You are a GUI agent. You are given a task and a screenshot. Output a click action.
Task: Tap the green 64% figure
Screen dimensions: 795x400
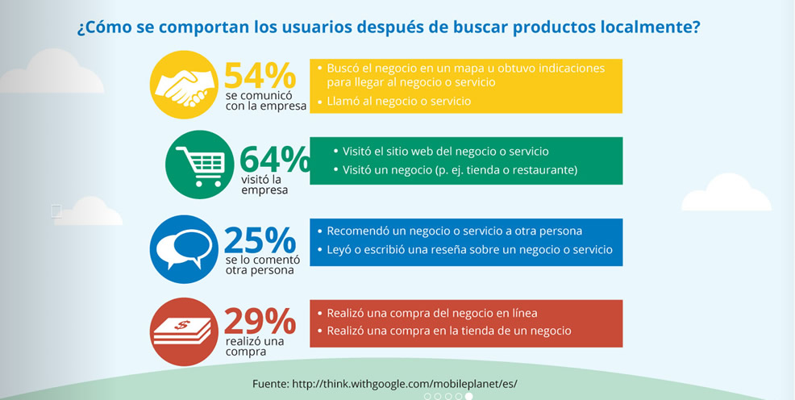(275, 159)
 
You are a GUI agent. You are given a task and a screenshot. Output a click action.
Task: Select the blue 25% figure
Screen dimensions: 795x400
(260, 240)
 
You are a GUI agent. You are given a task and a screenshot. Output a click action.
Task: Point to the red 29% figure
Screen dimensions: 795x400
(260, 321)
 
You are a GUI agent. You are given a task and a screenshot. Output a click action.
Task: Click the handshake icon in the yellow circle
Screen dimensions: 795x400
(184, 87)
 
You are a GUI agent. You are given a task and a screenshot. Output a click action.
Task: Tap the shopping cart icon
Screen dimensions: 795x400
(200, 165)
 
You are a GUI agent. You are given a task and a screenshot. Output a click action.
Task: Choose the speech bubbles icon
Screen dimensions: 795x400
(184, 249)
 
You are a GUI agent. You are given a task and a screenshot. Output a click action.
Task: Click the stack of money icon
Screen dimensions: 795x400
(182, 331)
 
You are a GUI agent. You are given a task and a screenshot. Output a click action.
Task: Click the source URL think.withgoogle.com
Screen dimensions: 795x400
(405, 384)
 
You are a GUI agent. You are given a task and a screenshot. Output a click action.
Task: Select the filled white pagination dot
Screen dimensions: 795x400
(469, 397)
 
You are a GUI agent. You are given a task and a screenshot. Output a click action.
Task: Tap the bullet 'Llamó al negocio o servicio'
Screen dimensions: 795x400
(394, 102)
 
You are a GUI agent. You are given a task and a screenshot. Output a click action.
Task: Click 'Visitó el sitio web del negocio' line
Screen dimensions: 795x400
(441, 151)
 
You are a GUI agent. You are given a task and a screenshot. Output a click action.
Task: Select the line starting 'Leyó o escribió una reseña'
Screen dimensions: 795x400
(464, 250)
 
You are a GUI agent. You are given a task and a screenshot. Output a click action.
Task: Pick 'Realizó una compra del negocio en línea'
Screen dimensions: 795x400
(427, 314)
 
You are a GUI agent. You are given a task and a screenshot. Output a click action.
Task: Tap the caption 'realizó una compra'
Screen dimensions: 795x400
(255, 347)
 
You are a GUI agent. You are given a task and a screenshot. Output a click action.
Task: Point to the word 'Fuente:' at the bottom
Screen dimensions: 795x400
(271, 384)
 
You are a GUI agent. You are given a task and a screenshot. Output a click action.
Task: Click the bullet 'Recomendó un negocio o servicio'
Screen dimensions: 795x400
(449, 231)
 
